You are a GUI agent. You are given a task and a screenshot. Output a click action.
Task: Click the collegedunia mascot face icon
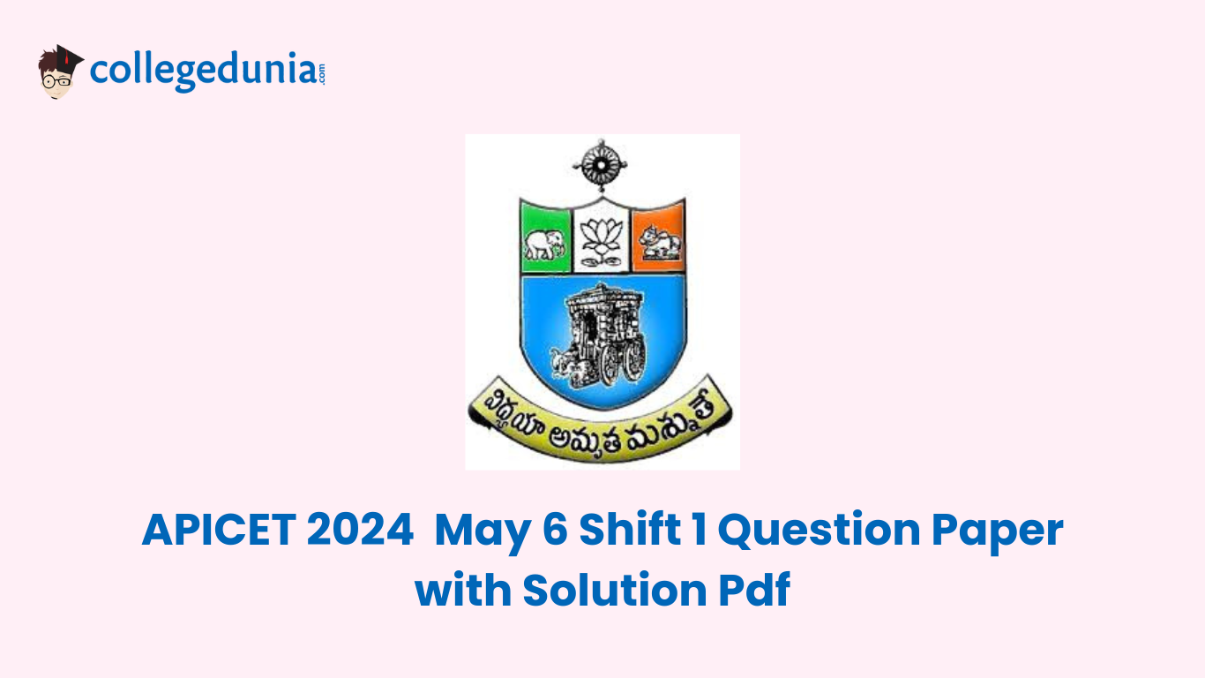58,72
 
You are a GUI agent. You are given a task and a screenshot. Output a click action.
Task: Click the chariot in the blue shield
601,335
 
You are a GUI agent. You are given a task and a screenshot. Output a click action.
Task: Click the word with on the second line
461,591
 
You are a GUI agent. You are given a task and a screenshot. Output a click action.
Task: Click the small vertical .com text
322,73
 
